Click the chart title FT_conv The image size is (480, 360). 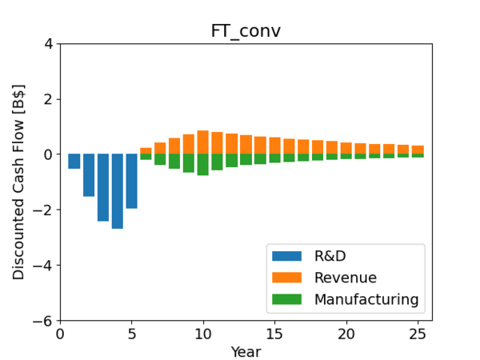(x=246, y=31)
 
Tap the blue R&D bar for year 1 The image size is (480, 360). (x=74, y=162)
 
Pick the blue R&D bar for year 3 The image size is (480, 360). (x=103, y=187)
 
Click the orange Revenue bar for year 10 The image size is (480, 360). (x=203, y=142)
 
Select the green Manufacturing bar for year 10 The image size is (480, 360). (x=203, y=165)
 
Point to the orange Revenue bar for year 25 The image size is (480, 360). (x=418, y=150)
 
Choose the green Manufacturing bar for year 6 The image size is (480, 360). (x=146, y=157)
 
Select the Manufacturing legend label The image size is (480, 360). (x=366, y=299)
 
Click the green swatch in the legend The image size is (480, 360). (x=287, y=299)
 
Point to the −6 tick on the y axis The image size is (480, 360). (x=46, y=321)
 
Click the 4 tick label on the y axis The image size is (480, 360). (x=49, y=43)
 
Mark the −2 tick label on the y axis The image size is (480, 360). (x=46, y=210)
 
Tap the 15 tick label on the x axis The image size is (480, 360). (x=274, y=334)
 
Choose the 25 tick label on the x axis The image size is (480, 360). (x=418, y=334)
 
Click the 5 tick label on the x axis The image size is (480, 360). (x=132, y=334)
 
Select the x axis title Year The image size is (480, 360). (x=246, y=351)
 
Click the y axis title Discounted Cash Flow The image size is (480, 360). (x=19, y=182)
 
